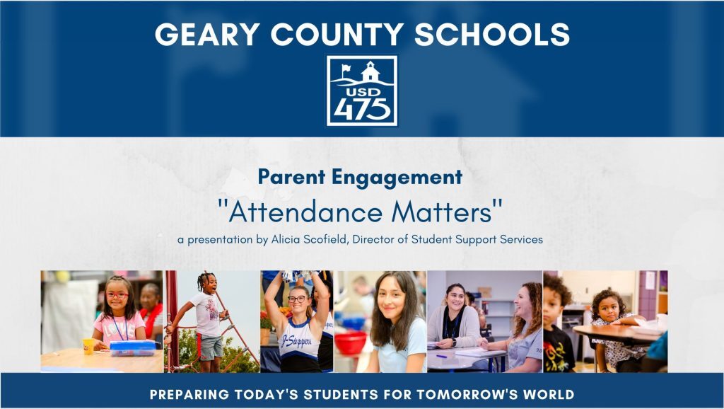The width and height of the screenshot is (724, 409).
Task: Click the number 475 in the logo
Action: click(x=361, y=108)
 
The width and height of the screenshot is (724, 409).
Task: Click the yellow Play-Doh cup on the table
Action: click(x=88, y=345)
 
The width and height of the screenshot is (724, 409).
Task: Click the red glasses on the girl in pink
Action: click(x=116, y=295)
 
